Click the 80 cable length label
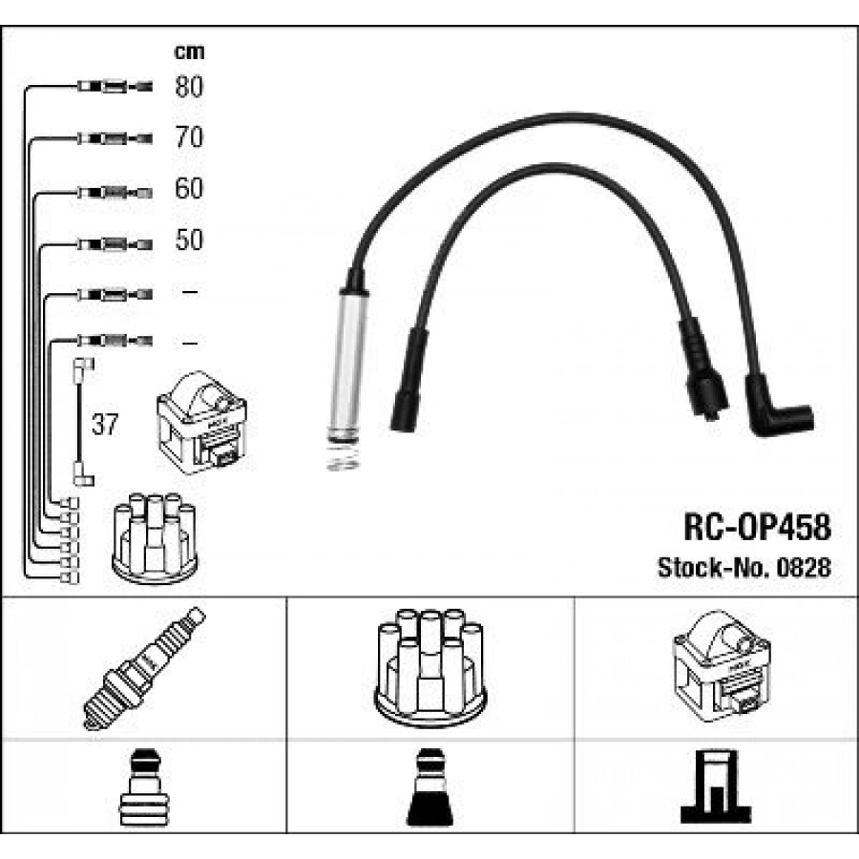189,87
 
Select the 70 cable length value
189,136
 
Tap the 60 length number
189,188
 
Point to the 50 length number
189,240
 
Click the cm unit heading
189,52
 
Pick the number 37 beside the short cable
105,425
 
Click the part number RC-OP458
757,527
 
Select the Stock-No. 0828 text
744,568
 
